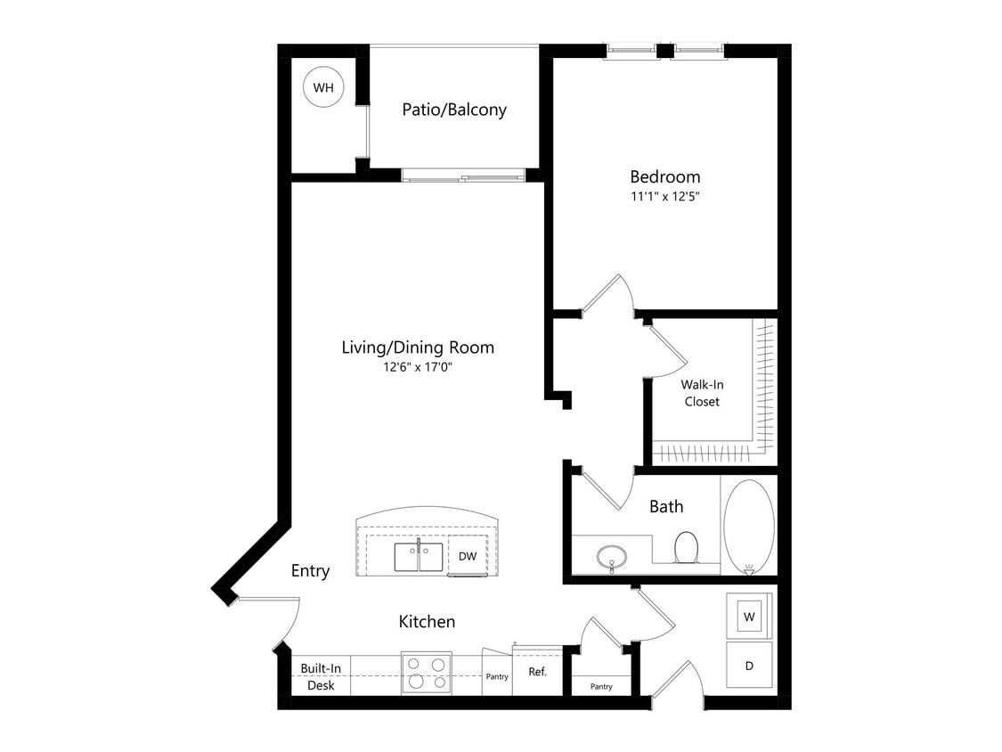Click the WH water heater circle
322,88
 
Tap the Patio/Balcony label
454,110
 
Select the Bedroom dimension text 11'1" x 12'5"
665,197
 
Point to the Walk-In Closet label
701,393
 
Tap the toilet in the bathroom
686,546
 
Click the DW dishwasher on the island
468,556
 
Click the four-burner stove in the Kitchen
427,673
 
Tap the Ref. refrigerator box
538,672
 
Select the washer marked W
750,616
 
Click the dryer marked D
749,665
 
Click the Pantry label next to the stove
497,677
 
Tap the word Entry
310,571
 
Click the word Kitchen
427,622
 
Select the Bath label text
666,507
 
